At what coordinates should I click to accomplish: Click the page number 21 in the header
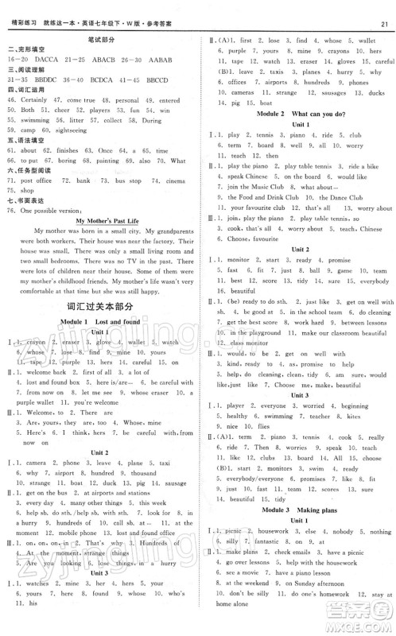384,10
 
